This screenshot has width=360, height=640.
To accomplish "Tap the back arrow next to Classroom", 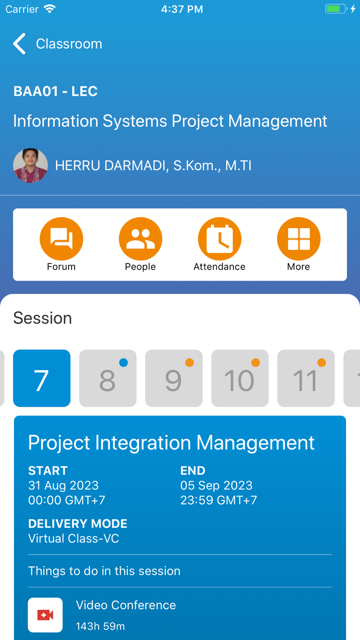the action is (19, 44).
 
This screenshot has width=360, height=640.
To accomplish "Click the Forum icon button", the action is (61, 239).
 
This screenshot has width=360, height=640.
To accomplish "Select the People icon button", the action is (140, 239).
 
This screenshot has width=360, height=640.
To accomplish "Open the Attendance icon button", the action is (220, 239).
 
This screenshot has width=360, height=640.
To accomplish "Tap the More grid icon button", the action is (299, 239).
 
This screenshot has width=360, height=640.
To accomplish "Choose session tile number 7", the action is (42, 378).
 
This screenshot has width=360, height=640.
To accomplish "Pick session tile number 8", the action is (108, 378).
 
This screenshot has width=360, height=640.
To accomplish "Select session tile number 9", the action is (174, 378).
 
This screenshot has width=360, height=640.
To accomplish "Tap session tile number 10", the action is (240, 378).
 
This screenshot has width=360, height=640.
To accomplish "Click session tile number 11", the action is (306, 378).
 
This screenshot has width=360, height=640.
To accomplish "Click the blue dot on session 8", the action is (123, 362).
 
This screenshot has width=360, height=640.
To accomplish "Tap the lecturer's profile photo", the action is (31, 166).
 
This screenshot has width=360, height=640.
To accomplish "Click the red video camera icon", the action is (45, 615).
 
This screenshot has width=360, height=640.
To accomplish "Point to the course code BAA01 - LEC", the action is (55, 91).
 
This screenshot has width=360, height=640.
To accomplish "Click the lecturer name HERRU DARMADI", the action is (111, 166).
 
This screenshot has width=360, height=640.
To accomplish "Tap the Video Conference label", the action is (126, 605).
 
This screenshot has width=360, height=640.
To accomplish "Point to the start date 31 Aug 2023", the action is (63, 485).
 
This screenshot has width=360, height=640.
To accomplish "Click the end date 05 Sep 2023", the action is (216, 485).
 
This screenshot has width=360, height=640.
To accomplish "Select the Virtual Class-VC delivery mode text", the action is (74, 538).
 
